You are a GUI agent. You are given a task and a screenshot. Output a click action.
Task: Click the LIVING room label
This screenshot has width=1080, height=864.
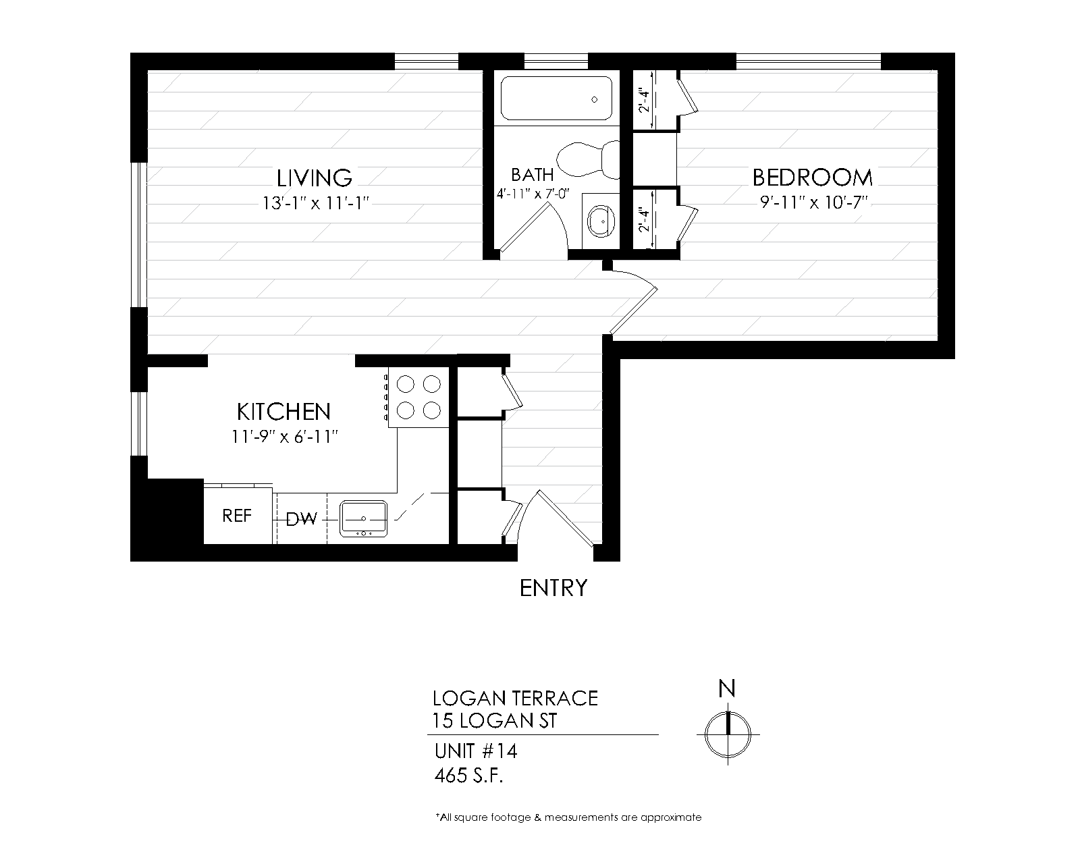tap(314, 178)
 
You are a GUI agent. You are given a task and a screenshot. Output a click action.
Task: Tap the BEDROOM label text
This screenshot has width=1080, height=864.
tap(813, 178)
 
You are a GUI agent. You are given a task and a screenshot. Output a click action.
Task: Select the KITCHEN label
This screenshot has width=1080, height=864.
tap(283, 412)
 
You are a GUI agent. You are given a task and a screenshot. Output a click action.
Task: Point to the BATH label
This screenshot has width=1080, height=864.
tap(532, 175)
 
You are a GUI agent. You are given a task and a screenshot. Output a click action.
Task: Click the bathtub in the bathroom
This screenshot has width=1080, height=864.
tap(556, 99)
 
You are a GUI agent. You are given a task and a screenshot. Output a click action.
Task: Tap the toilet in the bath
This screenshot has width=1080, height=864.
tap(588, 159)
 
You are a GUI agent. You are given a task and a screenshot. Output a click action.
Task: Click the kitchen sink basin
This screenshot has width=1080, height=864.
tap(363, 518)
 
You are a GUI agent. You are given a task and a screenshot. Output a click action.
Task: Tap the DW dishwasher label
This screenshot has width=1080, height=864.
tap(301, 519)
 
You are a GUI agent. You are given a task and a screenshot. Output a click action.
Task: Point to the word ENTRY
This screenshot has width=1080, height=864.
tap(553, 588)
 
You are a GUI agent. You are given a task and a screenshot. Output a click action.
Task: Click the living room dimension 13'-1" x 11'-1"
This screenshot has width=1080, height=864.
tap(316, 203)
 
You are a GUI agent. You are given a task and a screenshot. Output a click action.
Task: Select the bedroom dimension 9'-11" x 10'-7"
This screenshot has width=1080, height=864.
tap(813, 202)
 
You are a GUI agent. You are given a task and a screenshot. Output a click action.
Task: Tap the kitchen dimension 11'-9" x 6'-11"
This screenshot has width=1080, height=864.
tap(285, 437)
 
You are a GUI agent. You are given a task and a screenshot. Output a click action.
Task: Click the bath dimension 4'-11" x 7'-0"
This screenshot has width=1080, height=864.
tap(533, 194)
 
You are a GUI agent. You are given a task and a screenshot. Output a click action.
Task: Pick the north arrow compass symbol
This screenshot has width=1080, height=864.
tap(728, 734)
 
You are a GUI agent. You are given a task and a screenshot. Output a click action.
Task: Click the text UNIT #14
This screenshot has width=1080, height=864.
tap(476, 751)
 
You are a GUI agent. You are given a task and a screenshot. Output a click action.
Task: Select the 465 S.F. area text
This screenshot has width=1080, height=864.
tap(468, 776)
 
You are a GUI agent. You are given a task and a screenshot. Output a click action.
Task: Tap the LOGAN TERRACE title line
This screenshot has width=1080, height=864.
tap(516, 699)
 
